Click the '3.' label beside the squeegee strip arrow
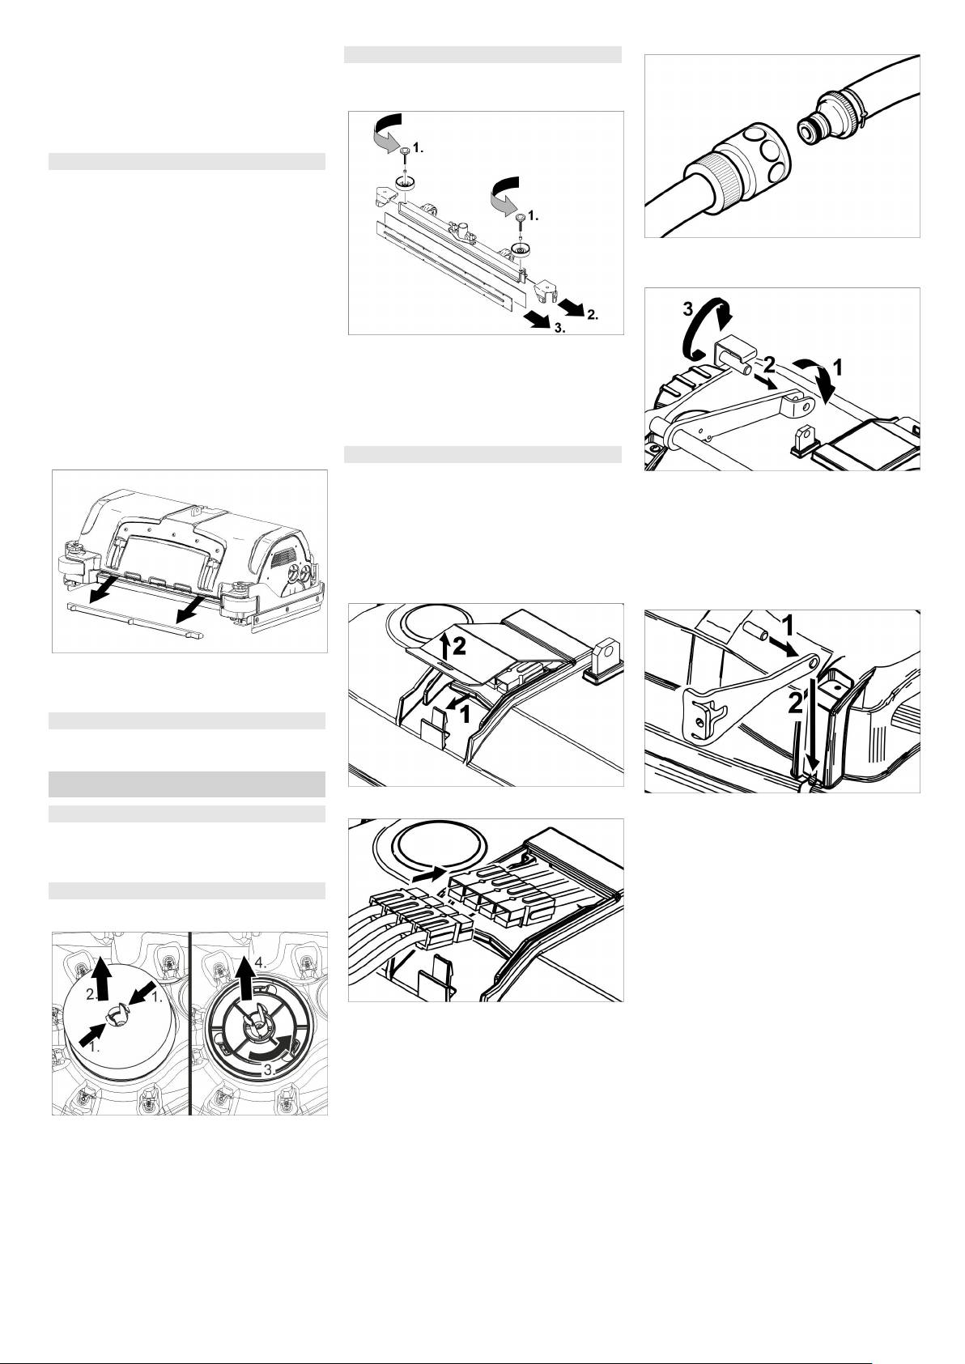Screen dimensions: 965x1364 click(559, 328)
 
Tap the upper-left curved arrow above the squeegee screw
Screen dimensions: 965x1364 click(386, 130)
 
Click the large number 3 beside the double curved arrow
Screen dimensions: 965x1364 click(688, 309)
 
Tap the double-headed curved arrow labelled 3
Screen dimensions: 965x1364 click(709, 332)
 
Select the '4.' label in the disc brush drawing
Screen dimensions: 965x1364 click(261, 963)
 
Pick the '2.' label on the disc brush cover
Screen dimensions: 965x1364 click(91, 995)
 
